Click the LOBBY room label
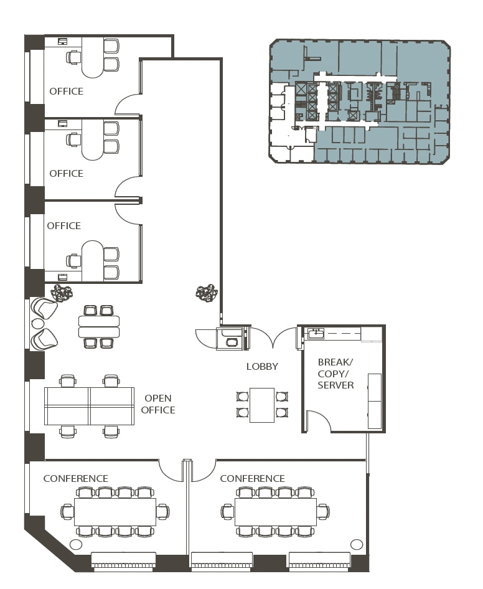[x=262, y=367]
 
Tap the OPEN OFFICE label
[x=158, y=404]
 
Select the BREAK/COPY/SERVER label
[x=335, y=374]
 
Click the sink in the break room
[x=316, y=333]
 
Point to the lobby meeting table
[x=262, y=405]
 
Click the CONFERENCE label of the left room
[x=76, y=479]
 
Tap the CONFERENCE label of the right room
[x=252, y=479]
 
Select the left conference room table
[x=115, y=512]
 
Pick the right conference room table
[x=276, y=512]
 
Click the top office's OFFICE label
[x=67, y=92]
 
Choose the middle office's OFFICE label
[x=67, y=174]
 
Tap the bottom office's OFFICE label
[x=64, y=226]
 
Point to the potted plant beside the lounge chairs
[x=62, y=293]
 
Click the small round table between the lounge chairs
[x=37, y=323]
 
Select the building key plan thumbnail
[x=360, y=101]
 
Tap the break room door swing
[x=319, y=421]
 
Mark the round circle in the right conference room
[x=357, y=544]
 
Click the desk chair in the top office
[x=74, y=57]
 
